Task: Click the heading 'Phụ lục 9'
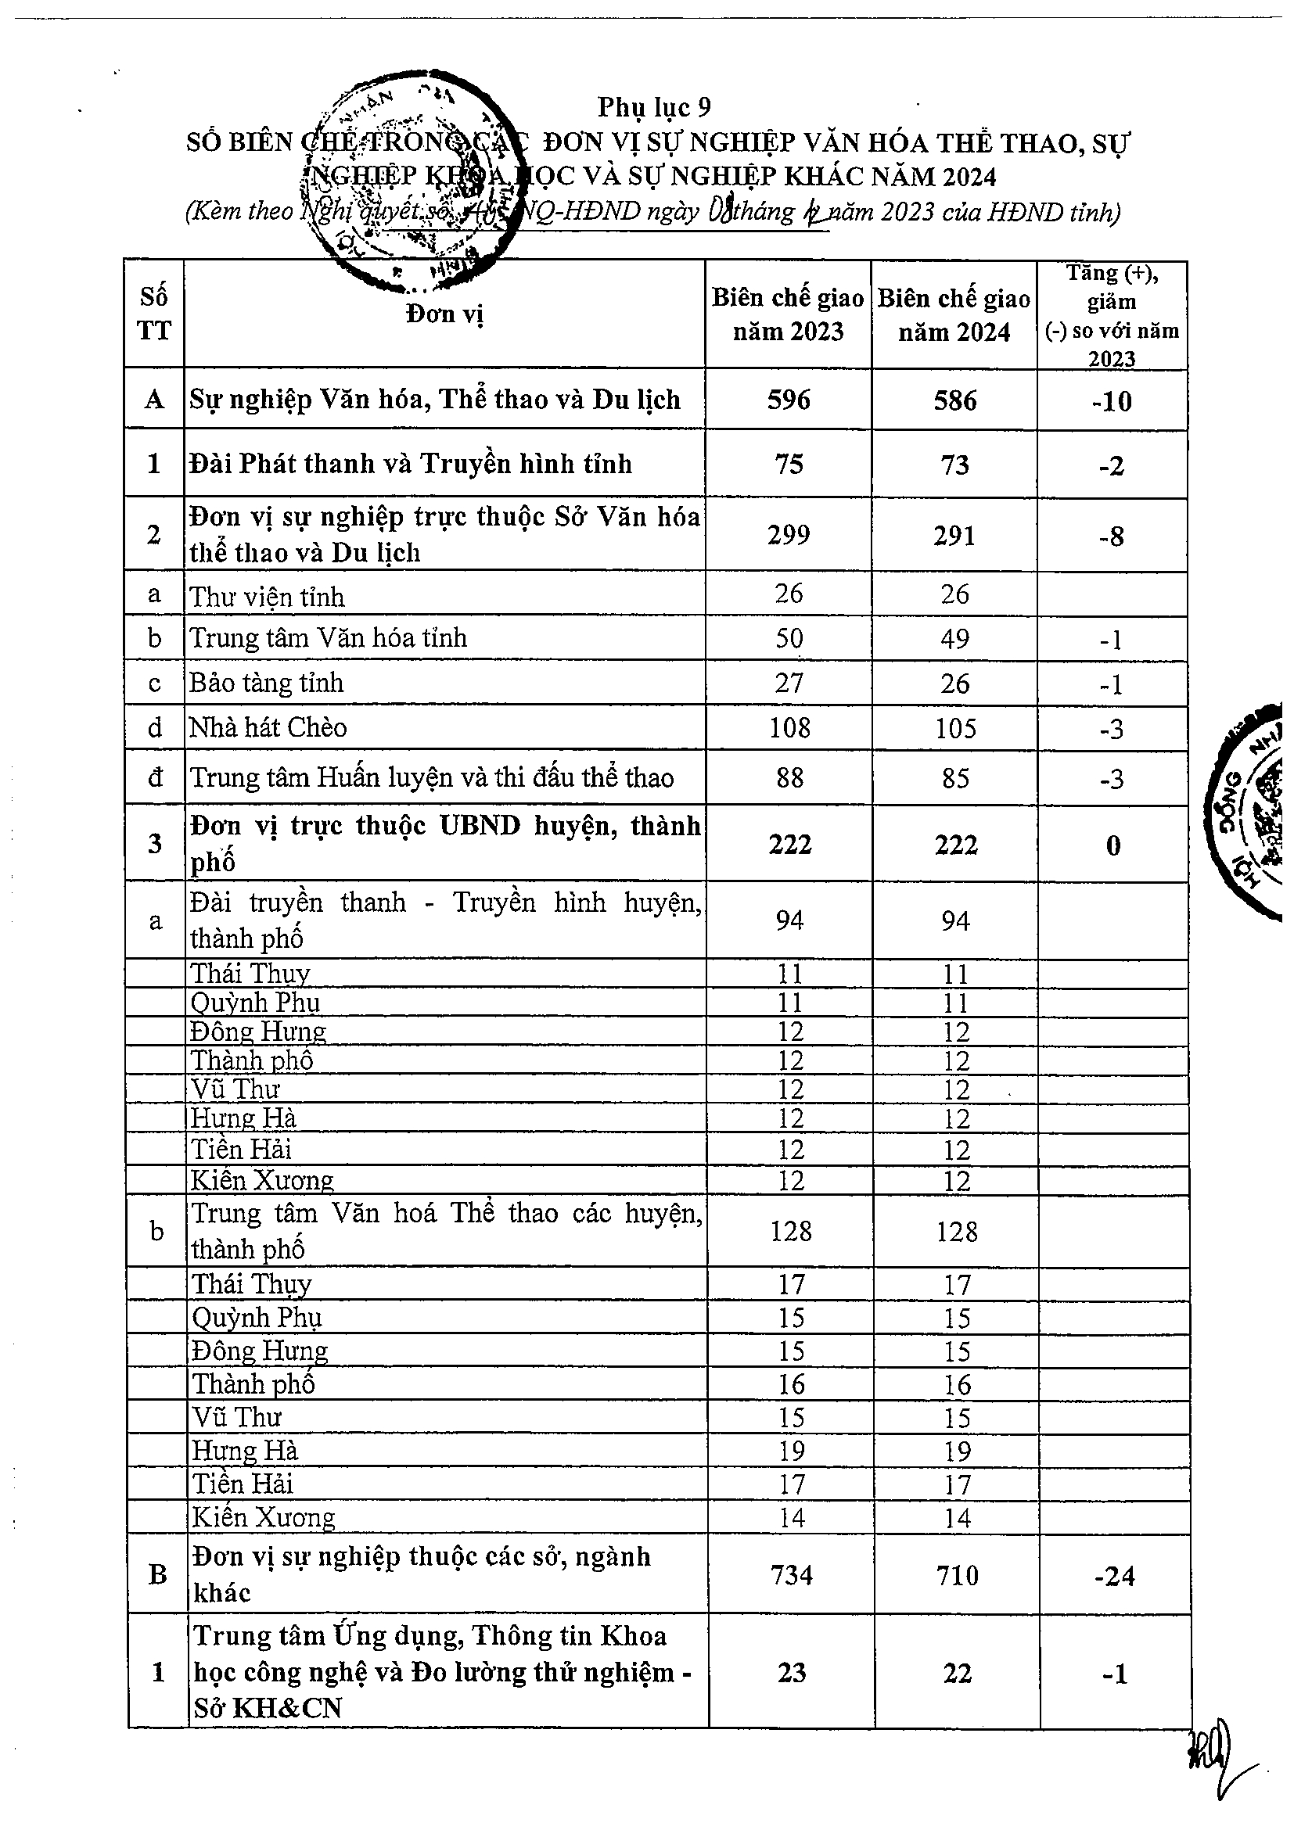(654, 107)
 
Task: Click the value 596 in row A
(788, 400)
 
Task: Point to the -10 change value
(1112, 401)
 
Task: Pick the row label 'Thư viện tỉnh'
(267, 596)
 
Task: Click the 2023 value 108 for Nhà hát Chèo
(789, 727)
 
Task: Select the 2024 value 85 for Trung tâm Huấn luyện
(954, 778)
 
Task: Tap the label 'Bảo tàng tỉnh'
(266, 683)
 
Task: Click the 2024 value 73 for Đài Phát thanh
(954, 465)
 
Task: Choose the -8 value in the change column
(1112, 536)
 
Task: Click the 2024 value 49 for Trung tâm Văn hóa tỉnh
(954, 639)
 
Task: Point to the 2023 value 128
(790, 1232)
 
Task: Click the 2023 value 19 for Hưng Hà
(791, 1451)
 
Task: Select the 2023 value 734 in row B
(791, 1575)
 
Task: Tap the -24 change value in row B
(1114, 1576)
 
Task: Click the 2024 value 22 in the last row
(957, 1673)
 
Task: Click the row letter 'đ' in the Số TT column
(155, 777)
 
